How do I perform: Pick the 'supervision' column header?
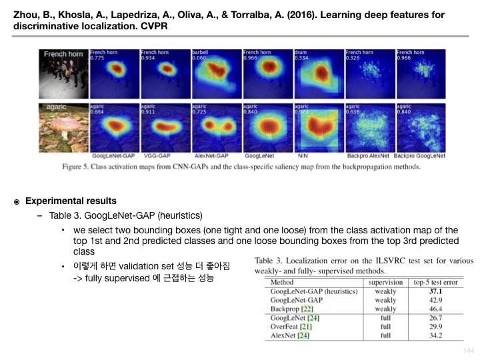point(385,282)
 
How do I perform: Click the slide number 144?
point(467,350)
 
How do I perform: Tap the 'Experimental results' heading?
point(71,201)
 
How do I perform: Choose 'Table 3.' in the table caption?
point(270,261)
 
